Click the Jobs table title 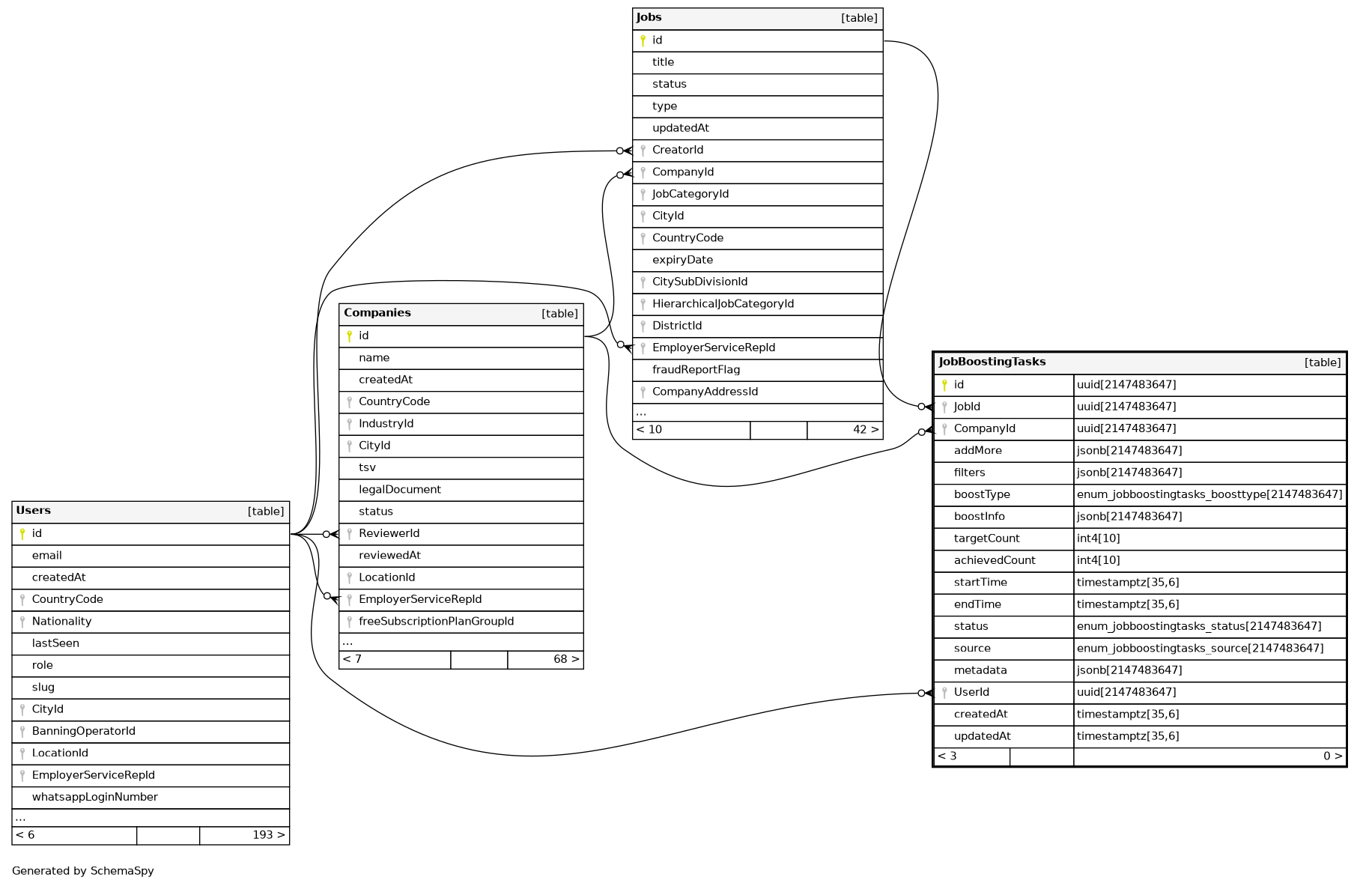(x=649, y=17)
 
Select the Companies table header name (x=377, y=313)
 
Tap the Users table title (x=34, y=511)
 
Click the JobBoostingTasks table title (x=992, y=362)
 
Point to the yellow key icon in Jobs (x=643, y=40)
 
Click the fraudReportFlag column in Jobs (x=696, y=370)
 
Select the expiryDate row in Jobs (x=682, y=260)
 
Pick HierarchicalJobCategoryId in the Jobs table (x=723, y=304)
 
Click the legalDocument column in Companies (x=399, y=490)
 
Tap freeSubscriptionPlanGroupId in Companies (x=436, y=622)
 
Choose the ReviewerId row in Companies (x=389, y=534)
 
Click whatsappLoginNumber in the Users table (x=94, y=798)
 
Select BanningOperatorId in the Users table (x=83, y=732)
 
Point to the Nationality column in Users (x=61, y=622)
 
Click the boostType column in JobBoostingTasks (x=982, y=495)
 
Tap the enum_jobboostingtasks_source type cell (x=1200, y=649)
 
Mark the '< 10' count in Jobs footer (x=649, y=430)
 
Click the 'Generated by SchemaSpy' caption (x=83, y=871)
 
